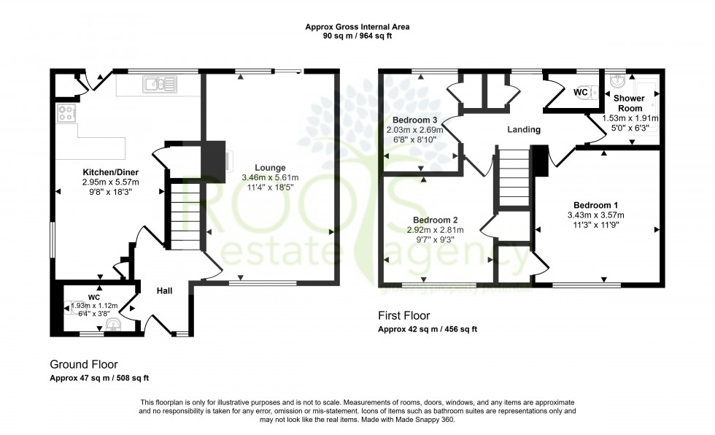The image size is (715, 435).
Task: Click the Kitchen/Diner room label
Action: (109, 172)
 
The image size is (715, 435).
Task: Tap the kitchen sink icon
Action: (158, 85)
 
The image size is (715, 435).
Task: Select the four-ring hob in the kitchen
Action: (66, 113)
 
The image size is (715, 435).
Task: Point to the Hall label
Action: (164, 291)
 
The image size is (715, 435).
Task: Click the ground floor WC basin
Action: (112, 324)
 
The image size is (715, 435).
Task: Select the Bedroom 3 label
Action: (414, 120)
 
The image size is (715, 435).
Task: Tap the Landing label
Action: (524, 130)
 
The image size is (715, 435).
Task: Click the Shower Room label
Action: (627, 103)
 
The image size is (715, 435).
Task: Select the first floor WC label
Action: (581, 93)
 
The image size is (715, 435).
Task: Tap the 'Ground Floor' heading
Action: (83, 364)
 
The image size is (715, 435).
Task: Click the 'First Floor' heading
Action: (403, 316)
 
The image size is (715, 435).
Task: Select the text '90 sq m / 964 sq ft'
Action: (357, 35)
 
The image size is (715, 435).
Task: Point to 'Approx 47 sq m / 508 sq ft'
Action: (99, 377)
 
